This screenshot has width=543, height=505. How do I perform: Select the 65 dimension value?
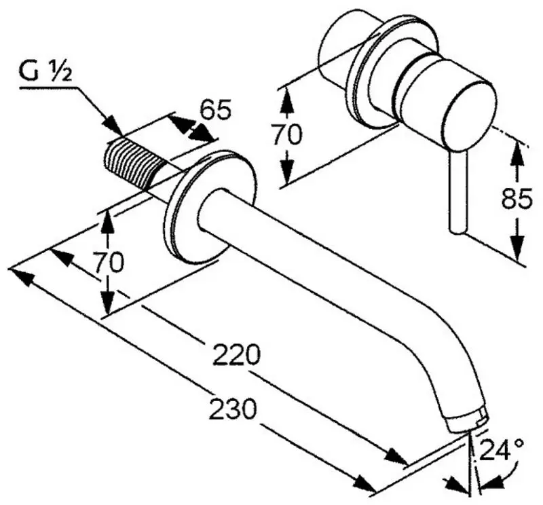coord(216,109)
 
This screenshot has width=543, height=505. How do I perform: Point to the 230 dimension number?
coord(232,409)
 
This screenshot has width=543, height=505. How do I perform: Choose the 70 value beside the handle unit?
coord(287,136)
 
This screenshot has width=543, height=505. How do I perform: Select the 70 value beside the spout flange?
coord(109,261)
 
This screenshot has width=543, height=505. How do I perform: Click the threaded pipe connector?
coord(133,162)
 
